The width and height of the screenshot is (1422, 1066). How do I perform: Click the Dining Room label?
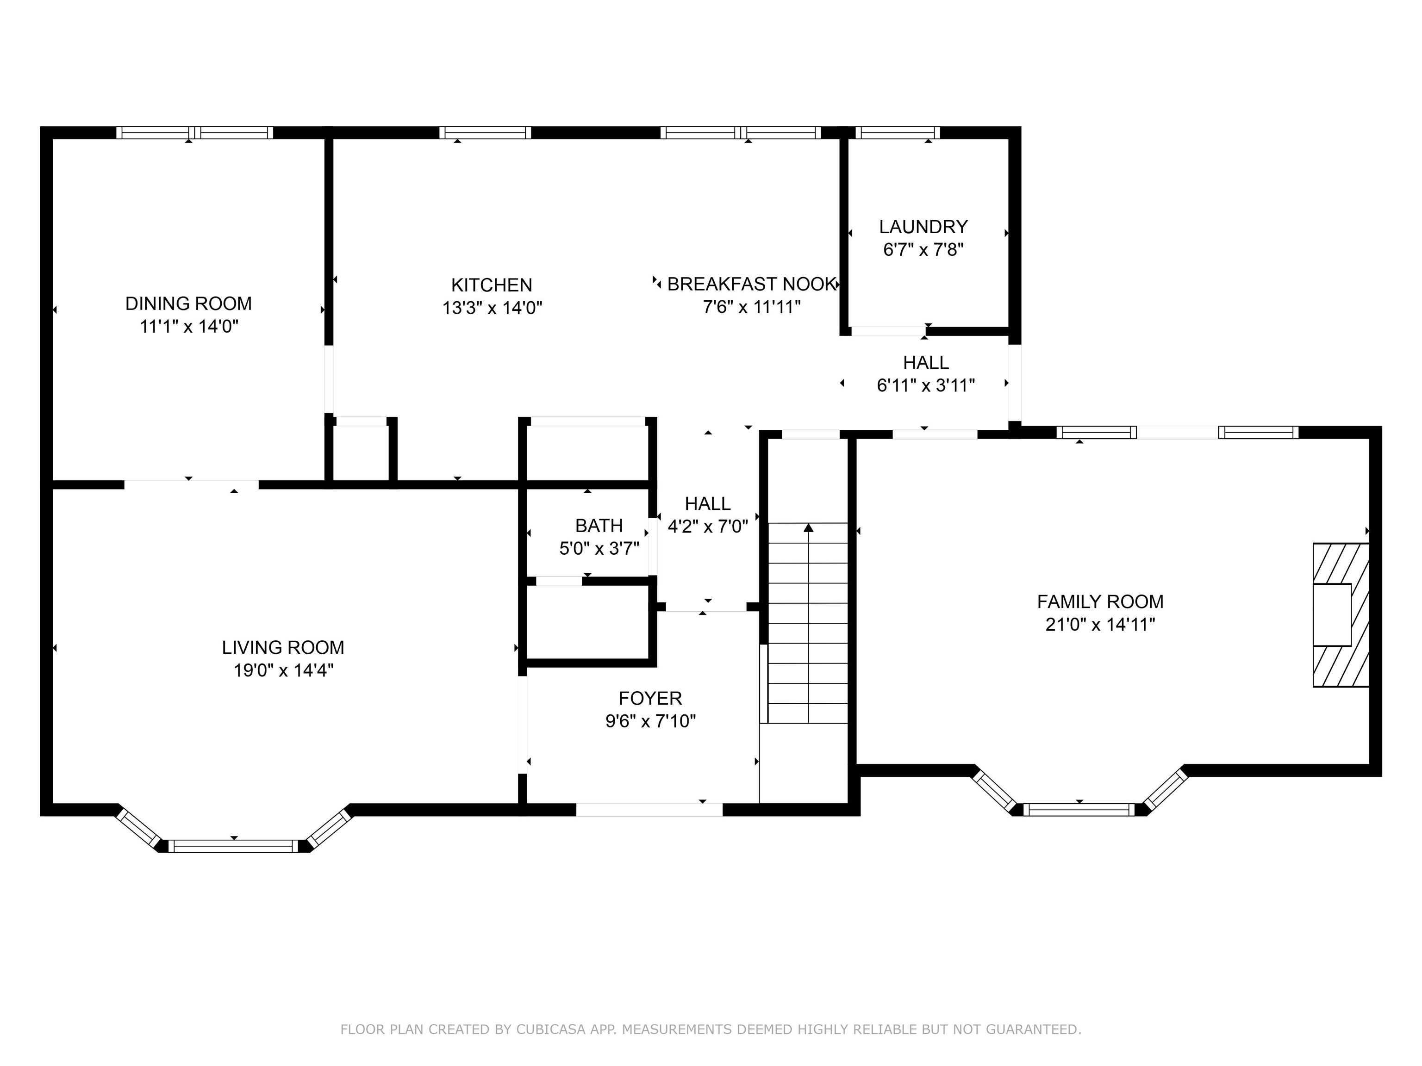click(188, 304)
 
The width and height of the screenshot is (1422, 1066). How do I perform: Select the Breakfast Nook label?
click(751, 284)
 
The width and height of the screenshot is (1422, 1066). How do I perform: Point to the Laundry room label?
click(923, 227)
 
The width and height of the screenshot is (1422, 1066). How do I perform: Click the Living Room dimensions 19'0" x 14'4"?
click(283, 671)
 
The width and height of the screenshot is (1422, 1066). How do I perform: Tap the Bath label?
click(599, 526)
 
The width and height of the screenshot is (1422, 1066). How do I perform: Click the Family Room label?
click(1100, 601)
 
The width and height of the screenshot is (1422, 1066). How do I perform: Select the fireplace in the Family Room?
click(1341, 615)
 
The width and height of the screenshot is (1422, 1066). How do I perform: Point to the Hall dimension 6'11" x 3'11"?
click(926, 385)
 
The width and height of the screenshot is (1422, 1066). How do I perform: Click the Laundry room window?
click(898, 132)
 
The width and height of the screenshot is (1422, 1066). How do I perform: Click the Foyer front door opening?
click(649, 810)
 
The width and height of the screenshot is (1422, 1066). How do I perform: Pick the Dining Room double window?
click(195, 132)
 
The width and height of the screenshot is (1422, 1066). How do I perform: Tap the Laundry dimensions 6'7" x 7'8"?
click(923, 250)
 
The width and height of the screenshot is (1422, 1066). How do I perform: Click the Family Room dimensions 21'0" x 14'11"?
click(1100, 625)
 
